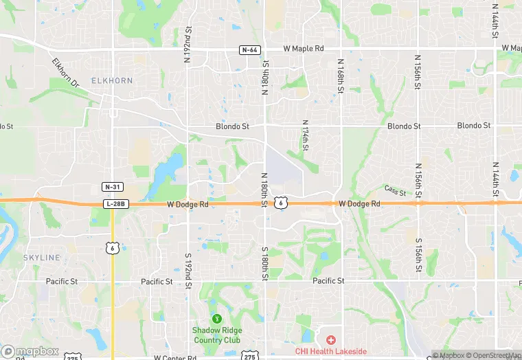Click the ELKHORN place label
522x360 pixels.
[111, 80]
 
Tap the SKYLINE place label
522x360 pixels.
[43, 257]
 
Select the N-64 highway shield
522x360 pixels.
[249, 49]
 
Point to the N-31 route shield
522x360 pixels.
[112, 187]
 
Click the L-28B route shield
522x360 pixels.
[115, 204]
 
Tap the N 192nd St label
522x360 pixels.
[187, 45]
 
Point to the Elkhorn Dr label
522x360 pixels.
[67, 71]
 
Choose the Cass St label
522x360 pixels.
[395, 190]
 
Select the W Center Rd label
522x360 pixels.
[177, 357]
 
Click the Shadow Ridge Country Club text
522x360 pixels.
[216, 335]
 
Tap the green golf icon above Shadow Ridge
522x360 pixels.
[216, 319]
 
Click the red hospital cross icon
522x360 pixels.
[330, 339]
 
